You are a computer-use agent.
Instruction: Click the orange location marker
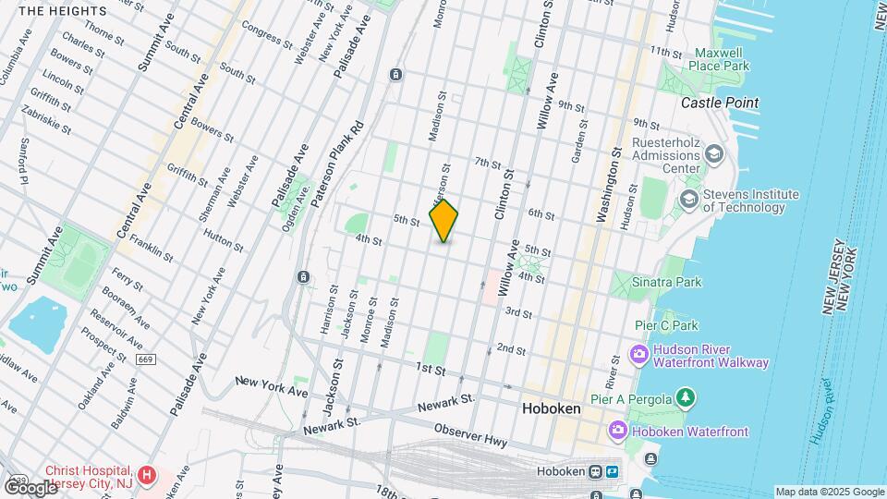point(444,221)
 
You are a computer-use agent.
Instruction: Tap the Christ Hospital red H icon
point(145,473)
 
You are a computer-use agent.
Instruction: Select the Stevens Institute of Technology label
point(750,201)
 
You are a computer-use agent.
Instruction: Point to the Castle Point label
point(720,103)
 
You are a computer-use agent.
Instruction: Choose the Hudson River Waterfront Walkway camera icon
point(638,355)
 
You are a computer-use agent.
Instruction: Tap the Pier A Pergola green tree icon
point(685,397)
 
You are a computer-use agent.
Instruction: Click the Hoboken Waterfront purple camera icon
point(618,431)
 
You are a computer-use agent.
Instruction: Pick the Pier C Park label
point(666,325)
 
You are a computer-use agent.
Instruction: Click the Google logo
point(30,487)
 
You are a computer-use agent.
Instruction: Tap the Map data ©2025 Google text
point(830,492)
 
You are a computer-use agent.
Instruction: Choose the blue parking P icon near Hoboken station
point(612,471)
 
